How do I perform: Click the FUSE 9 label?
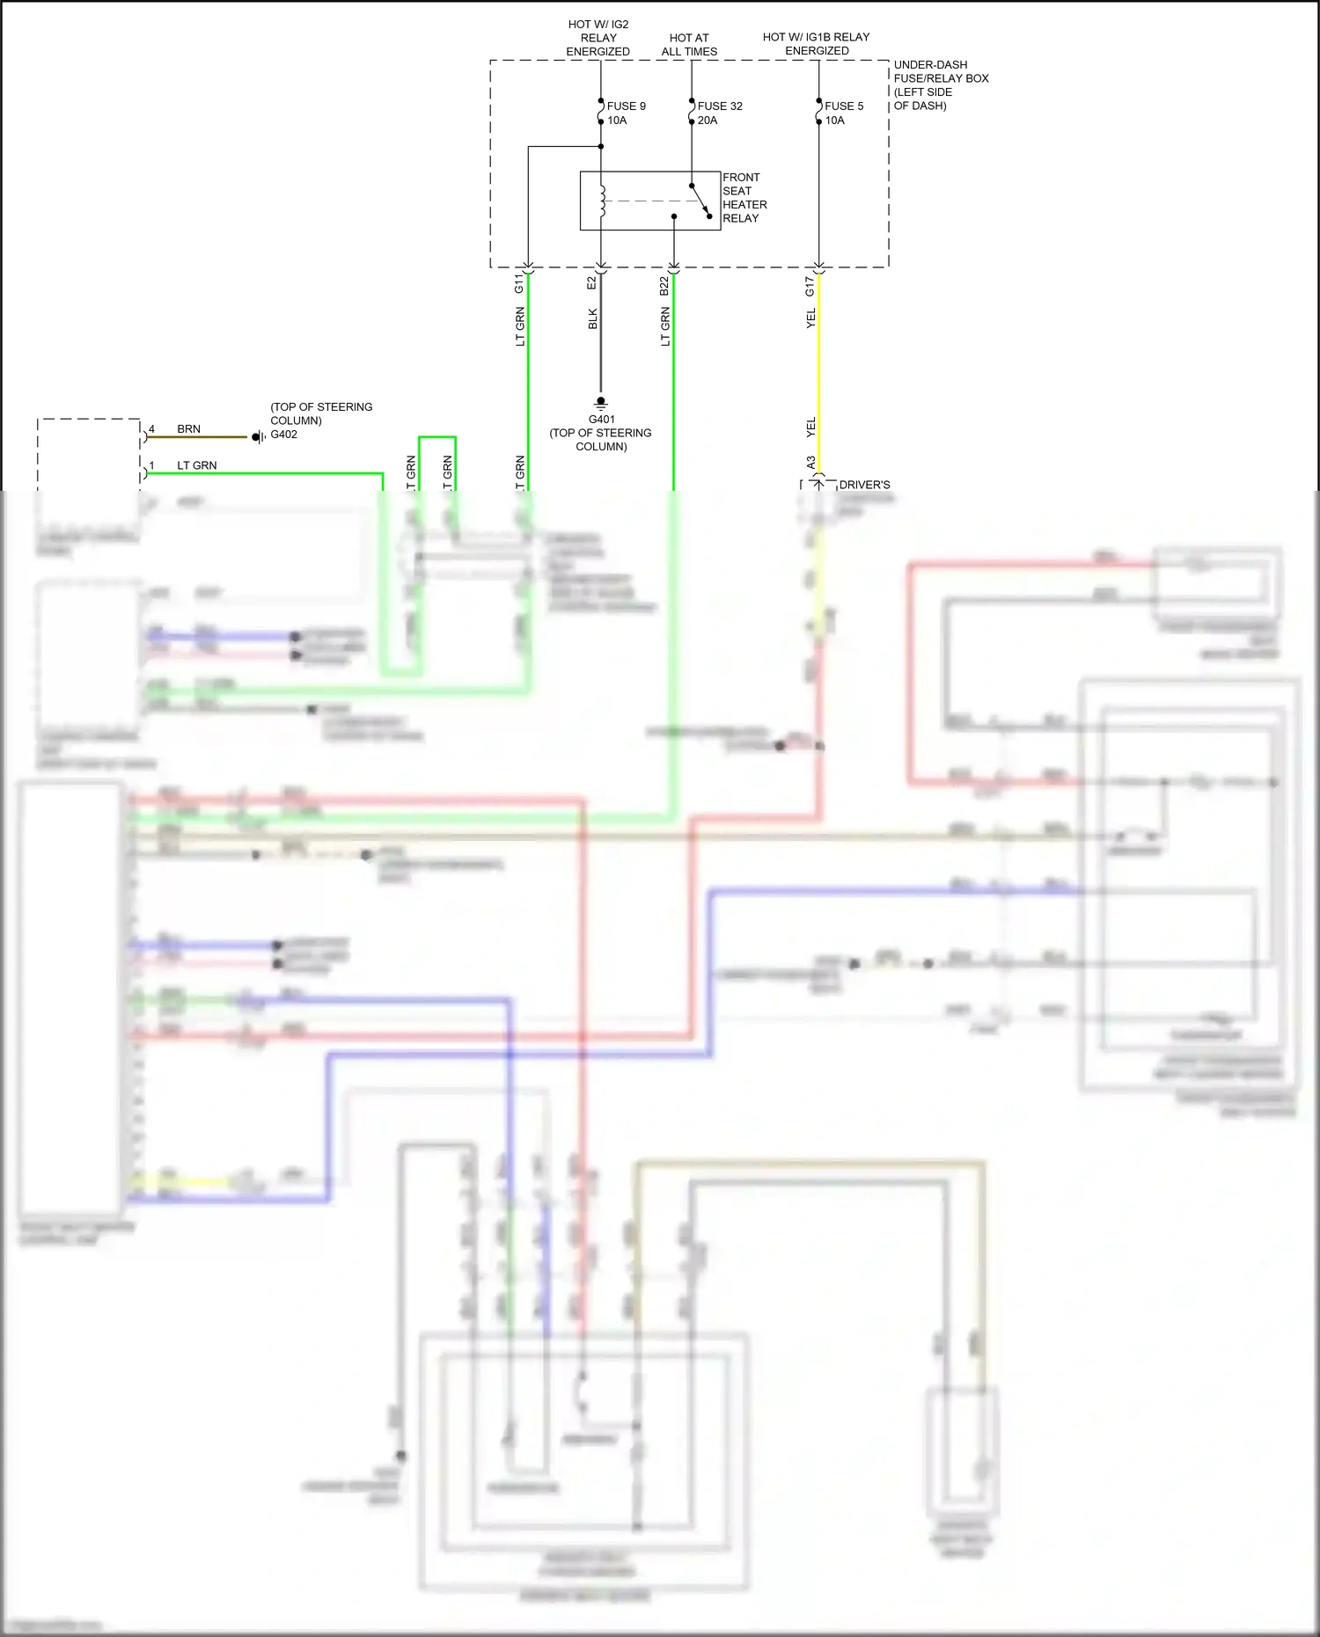(x=626, y=106)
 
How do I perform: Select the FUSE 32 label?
(x=720, y=106)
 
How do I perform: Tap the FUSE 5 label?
(x=844, y=106)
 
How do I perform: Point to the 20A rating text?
(x=708, y=121)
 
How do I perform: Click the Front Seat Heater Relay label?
(x=744, y=198)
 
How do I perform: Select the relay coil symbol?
(x=603, y=201)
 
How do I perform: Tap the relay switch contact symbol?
(x=700, y=201)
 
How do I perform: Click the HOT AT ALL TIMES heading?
(x=689, y=45)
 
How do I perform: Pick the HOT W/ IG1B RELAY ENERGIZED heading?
(x=816, y=44)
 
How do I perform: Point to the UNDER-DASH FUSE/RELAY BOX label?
(x=941, y=85)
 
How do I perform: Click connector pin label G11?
(x=519, y=283)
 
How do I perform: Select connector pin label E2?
(x=592, y=283)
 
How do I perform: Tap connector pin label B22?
(x=664, y=286)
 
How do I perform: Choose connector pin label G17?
(x=810, y=286)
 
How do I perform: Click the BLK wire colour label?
(x=593, y=318)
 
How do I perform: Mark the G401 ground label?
(x=602, y=420)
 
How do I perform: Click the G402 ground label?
(x=283, y=435)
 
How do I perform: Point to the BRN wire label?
(x=188, y=429)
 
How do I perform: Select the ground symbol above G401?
(x=601, y=403)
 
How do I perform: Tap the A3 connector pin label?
(x=810, y=462)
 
